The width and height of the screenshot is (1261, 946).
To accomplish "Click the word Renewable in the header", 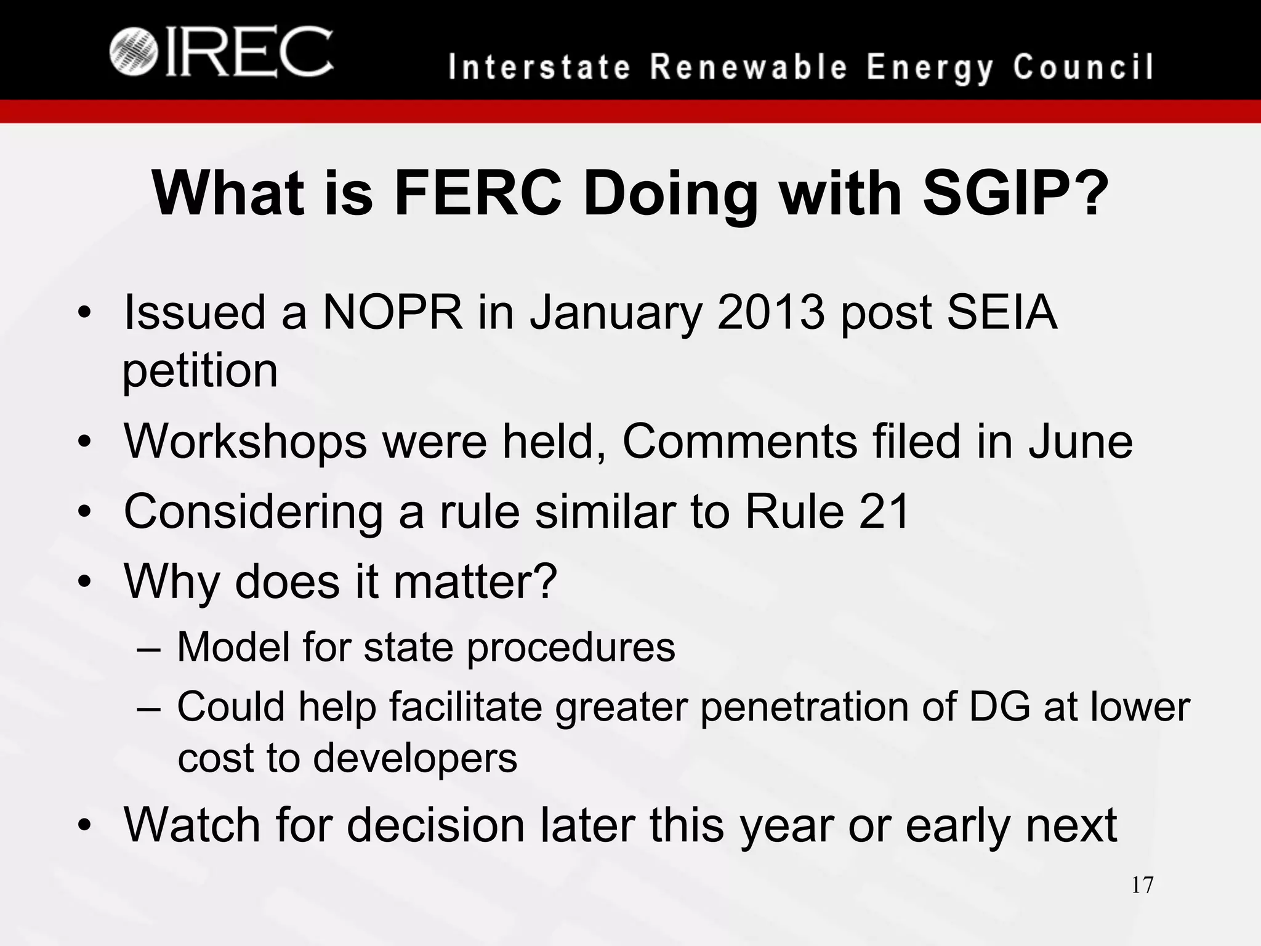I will tap(749, 67).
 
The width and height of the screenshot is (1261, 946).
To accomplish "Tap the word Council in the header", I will tap(1083, 67).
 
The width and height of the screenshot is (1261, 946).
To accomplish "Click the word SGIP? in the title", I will tap(1016, 193).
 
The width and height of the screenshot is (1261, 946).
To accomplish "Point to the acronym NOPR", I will tap(393, 312).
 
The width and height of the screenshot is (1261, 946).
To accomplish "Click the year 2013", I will tap(770, 312).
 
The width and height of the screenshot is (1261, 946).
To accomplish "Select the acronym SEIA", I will tap(1002, 312).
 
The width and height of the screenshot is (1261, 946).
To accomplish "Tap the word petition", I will tap(200, 371).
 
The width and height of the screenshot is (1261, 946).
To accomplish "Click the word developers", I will tap(415, 758).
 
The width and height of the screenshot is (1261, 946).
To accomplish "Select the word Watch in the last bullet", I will tap(193, 825).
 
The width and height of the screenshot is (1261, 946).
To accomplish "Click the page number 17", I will tap(1142, 885).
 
